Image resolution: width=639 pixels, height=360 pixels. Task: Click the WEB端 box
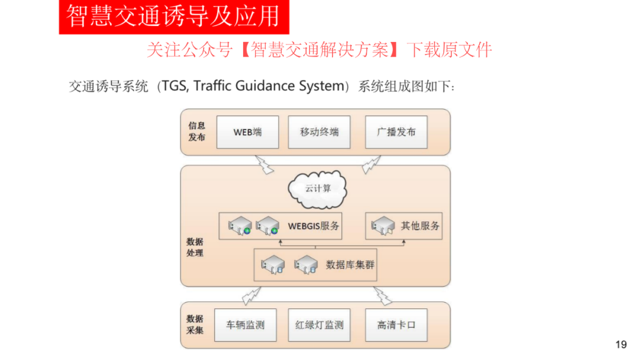click(248, 132)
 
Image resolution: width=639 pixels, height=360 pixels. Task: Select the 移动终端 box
click(319, 132)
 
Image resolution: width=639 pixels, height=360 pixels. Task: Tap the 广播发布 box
click(396, 132)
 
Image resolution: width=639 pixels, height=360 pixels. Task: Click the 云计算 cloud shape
click(318, 189)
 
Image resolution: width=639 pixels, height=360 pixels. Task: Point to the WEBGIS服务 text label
click(314, 226)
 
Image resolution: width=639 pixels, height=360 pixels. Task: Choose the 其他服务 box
click(404, 226)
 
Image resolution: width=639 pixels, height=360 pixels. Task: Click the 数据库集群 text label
click(350, 265)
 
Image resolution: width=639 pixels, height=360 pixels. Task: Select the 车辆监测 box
click(246, 325)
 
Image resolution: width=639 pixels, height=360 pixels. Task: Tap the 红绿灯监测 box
click(319, 325)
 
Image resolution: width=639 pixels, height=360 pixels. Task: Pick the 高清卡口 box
click(396, 325)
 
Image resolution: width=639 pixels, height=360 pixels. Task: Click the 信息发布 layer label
click(196, 131)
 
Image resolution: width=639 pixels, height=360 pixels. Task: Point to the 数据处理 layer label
click(195, 247)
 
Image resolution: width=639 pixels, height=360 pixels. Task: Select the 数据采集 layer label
click(195, 324)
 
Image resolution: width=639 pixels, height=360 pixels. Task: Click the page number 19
click(621, 345)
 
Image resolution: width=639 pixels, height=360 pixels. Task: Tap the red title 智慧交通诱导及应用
click(173, 17)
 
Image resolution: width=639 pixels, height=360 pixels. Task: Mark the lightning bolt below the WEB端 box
click(264, 164)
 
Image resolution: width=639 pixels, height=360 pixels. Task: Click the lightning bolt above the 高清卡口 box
click(383, 296)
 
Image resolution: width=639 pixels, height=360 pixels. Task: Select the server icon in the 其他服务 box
click(383, 226)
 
